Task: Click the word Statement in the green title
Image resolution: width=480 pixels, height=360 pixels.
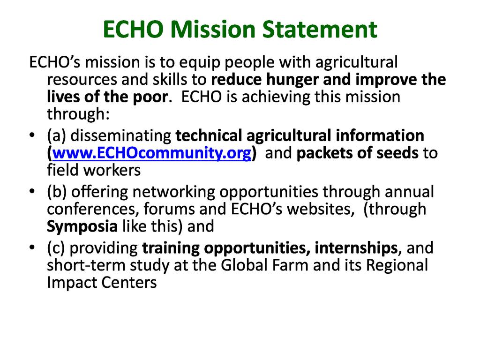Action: point(320,30)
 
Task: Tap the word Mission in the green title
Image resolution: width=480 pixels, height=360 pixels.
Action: point(213,30)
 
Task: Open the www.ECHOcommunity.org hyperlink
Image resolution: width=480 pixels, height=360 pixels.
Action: point(152,153)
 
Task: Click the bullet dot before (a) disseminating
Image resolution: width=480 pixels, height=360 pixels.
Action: point(32,135)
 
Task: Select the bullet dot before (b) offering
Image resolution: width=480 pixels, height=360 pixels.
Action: point(32,191)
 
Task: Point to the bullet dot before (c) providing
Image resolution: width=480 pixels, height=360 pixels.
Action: point(32,247)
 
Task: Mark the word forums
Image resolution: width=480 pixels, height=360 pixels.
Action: point(169,210)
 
